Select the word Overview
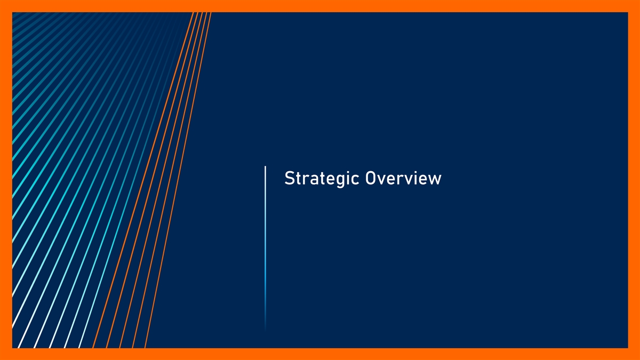point(403,178)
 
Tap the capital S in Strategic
point(289,178)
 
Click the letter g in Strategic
point(338,181)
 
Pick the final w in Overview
point(435,180)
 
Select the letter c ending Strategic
point(355,180)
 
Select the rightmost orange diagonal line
point(178,180)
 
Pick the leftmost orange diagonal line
point(143,180)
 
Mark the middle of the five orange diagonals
point(161,180)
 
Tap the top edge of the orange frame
point(320,6)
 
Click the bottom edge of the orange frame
point(320,354)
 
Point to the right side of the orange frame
point(634,180)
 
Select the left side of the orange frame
point(6,180)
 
